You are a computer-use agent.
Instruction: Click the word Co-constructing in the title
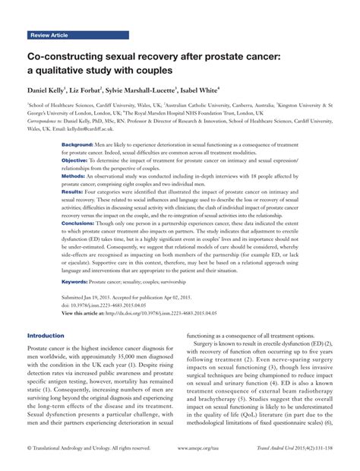62,56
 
